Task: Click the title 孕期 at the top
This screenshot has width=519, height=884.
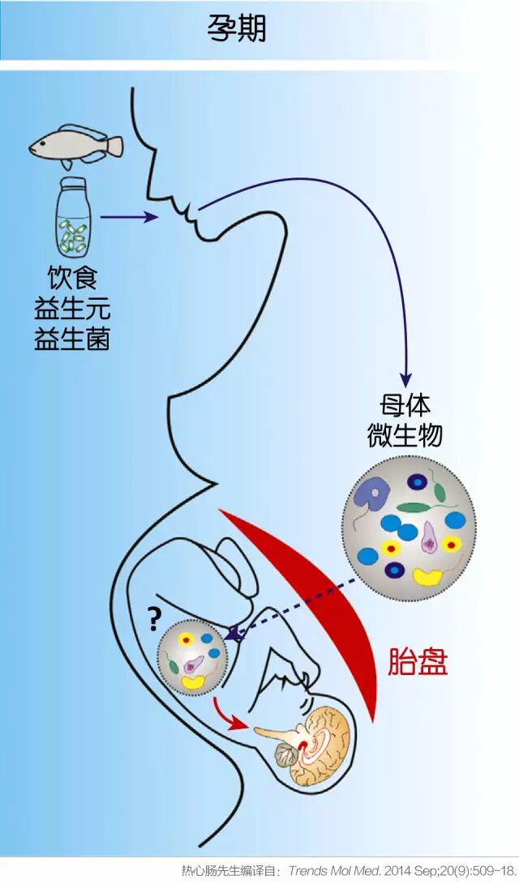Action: pyautogui.click(x=237, y=29)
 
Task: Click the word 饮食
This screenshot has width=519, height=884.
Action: pyautogui.click(x=72, y=279)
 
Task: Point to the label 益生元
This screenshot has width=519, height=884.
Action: pyautogui.click(x=72, y=308)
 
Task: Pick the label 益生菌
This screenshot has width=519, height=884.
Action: pyautogui.click(x=72, y=338)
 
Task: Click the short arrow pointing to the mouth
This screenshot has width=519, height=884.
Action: pyautogui.click(x=129, y=217)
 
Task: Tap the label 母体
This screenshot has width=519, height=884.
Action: pyautogui.click(x=405, y=407)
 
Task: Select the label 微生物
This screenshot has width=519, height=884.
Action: pyautogui.click(x=405, y=436)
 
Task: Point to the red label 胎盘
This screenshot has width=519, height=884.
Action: pyautogui.click(x=418, y=663)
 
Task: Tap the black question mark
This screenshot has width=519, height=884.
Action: pyautogui.click(x=153, y=617)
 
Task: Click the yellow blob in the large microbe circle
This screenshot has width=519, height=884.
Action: pyautogui.click(x=427, y=576)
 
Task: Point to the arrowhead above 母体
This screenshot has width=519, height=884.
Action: pyautogui.click(x=405, y=380)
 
